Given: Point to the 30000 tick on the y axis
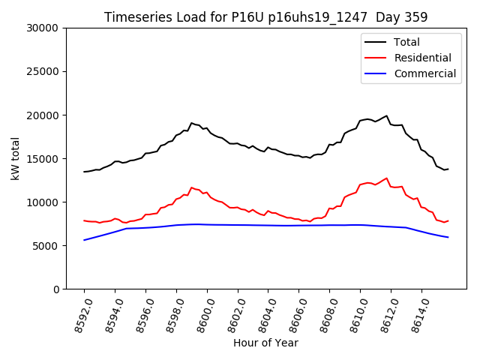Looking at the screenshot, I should tap(43, 28).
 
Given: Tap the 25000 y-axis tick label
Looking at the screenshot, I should tap(43, 72).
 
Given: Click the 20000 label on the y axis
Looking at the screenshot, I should tap(43, 115).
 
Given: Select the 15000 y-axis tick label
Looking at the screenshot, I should tap(43, 159).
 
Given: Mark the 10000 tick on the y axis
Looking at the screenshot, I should tap(43, 202).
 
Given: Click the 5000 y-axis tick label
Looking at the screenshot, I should tap(46, 246).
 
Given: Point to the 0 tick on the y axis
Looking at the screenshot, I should tap(56, 289).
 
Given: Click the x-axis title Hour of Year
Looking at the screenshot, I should tap(265, 343).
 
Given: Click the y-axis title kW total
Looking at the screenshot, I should tap(15, 158).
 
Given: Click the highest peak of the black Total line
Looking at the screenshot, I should tap(387, 115).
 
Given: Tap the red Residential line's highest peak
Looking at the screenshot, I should tap(387, 178).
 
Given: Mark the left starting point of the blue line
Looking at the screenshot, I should tap(84, 240).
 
